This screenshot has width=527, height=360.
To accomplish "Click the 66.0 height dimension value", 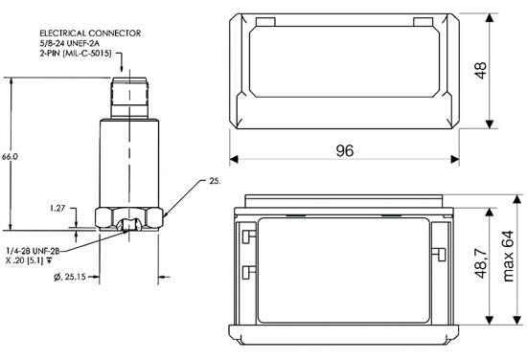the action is pos(10,156).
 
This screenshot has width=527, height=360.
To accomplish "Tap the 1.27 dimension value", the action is pos(57,208).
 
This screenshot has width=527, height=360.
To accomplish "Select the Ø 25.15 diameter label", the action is pos(70,277).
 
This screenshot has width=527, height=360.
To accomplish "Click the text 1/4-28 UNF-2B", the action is pos(33,251).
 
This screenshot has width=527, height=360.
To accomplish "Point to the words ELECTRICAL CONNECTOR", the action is pos(90,34).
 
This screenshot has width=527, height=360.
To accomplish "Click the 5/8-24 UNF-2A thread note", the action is pos(70,43).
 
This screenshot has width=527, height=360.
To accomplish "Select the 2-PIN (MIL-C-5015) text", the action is pos(76,54).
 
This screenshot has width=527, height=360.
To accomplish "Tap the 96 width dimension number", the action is pos(345,150).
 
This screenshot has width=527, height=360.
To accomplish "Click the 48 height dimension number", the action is pos(481,70).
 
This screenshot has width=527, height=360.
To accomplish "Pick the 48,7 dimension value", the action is pos(481,263).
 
